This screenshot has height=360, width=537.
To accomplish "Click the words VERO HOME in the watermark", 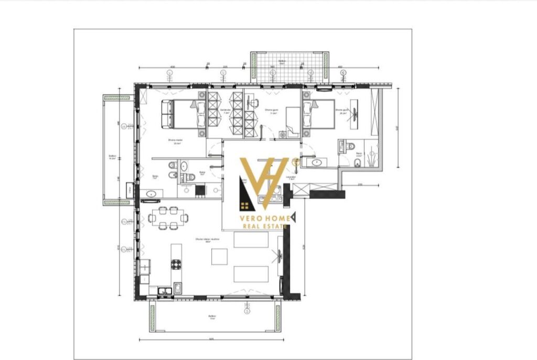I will tap(264, 216).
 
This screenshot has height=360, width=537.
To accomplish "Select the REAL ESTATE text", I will tap(264, 226).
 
